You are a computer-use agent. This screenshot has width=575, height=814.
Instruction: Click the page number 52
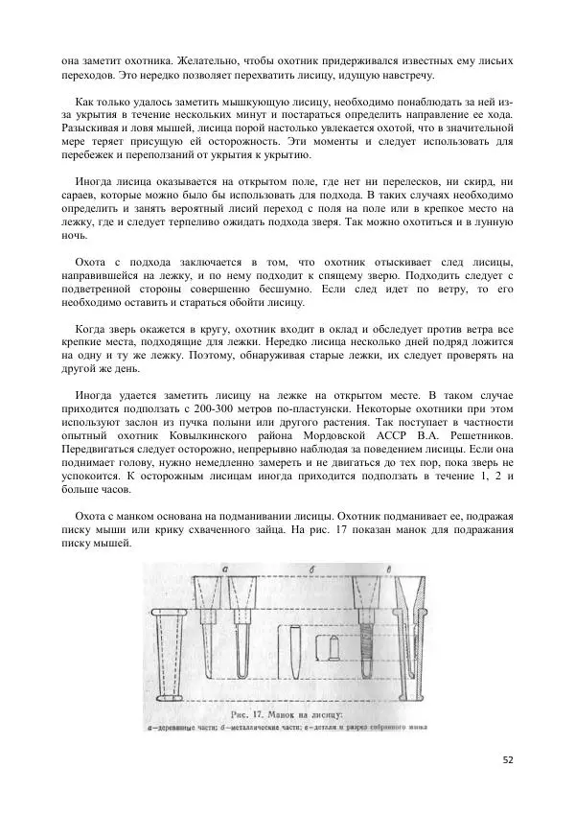[x=508, y=759]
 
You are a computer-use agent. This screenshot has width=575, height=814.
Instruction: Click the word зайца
[x=333, y=529]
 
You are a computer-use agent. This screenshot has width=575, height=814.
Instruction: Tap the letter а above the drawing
[x=223, y=570]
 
